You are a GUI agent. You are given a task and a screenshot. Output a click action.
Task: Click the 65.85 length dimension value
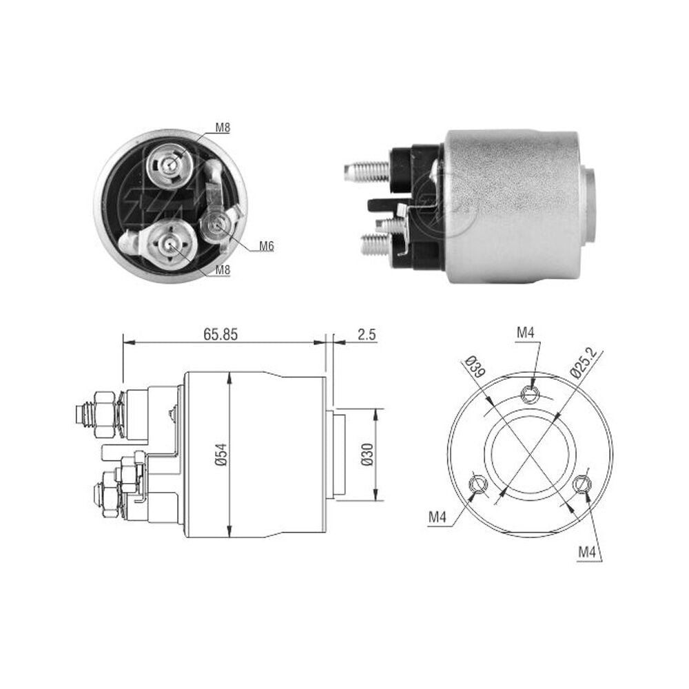pos(220,335)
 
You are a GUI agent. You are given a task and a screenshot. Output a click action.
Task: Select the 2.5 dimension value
pos(367,335)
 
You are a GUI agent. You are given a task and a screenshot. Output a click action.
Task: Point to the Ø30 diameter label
pos(367,454)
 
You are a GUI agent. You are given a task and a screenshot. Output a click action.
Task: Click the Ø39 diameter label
pos(474,368)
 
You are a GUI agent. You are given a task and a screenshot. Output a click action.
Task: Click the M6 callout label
pos(266,246)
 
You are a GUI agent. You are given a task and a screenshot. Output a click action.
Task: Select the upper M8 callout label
pos(223,128)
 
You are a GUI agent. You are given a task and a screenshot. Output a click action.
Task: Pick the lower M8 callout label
pos(223,269)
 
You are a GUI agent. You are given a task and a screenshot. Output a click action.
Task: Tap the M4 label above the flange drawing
pos(525,333)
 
